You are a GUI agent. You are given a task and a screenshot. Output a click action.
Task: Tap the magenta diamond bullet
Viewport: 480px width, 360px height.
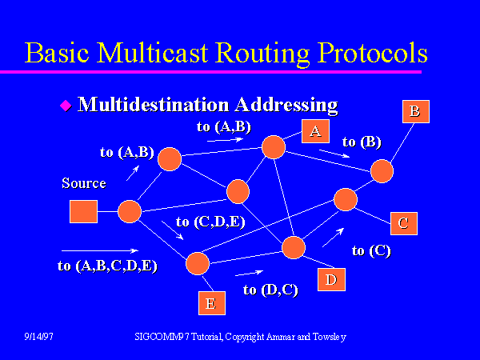(66, 105)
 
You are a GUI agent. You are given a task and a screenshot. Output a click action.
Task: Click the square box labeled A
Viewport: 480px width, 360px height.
(315, 131)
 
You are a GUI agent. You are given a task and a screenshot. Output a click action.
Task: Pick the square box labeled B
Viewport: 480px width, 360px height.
(414, 110)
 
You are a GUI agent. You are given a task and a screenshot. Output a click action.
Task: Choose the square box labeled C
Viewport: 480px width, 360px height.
(403, 222)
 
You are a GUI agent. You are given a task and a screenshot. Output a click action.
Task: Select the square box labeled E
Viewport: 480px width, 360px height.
(211, 302)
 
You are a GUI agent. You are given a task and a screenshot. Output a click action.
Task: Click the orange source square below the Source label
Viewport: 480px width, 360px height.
(83, 212)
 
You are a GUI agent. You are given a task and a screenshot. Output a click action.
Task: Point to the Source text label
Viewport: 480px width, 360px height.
(83, 183)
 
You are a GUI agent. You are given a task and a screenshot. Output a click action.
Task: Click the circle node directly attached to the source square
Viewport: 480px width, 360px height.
(130, 211)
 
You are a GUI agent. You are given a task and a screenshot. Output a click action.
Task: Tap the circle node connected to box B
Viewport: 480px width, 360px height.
(382, 170)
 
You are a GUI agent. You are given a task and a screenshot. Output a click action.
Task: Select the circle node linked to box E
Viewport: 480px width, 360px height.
(197, 263)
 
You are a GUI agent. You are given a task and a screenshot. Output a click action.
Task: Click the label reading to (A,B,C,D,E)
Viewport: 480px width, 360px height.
(107, 266)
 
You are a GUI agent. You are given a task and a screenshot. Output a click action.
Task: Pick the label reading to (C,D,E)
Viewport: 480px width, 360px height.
(209, 222)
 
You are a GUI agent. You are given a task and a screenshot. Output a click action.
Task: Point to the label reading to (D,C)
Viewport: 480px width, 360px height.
(270, 290)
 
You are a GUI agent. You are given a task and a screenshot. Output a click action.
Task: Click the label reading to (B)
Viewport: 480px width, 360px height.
(362, 142)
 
